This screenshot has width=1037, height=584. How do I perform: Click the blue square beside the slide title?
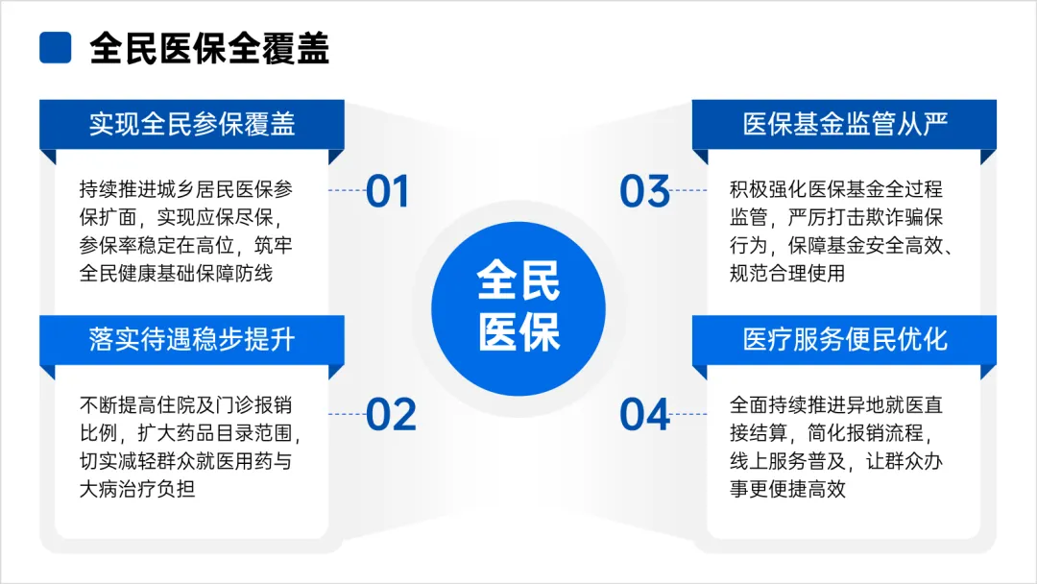tap(56, 48)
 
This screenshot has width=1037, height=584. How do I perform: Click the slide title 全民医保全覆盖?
tap(209, 48)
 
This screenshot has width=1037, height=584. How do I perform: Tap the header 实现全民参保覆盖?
tap(192, 124)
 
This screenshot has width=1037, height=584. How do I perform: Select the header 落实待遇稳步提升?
tap(192, 339)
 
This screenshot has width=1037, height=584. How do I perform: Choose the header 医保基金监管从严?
tap(845, 124)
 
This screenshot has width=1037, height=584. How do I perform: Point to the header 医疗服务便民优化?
tap(845, 339)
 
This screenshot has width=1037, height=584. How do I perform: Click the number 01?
tap(388, 191)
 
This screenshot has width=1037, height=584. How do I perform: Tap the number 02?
tap(391, 415)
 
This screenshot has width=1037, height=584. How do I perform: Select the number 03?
tap(645, 191)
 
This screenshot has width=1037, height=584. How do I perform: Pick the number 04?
tap(645, 415)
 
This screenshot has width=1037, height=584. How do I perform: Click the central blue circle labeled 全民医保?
tap(518, 308)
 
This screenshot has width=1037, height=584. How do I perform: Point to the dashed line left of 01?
tap(348, 190)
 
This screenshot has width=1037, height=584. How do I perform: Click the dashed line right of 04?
tap(688, 415)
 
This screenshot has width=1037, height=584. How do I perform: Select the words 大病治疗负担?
tap(137, 489)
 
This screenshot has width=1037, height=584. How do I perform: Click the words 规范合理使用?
tap(787, 273)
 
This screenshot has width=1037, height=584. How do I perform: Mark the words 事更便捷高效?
tap(787, 489)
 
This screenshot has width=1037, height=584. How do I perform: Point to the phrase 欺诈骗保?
tap(904, 217)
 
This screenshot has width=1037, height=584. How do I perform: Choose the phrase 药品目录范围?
tap(234, 432)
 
